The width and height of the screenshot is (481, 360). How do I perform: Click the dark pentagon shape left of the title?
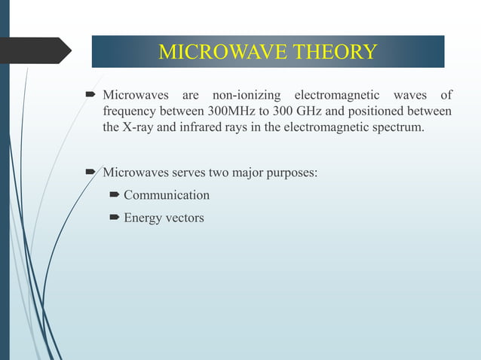pyautogui.click(x=38, y=50)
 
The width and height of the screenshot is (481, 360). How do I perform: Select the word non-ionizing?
pyautogui.click(x=247, y=95)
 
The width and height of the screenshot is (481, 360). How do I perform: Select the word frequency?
pyautogui.click(x=128, y=111)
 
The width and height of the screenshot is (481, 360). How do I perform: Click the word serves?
pyautogui.click(x=185, y=172)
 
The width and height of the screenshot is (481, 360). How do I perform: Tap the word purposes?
pyautogui.click(x=290, y=172)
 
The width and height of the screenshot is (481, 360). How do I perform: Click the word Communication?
pyautogui.click(x=167, y=195)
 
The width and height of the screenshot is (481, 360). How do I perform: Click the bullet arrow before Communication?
pyautogui.click(x=114, y=196)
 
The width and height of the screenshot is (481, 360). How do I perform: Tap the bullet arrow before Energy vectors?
pyautogui.click(x=114, y=218)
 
